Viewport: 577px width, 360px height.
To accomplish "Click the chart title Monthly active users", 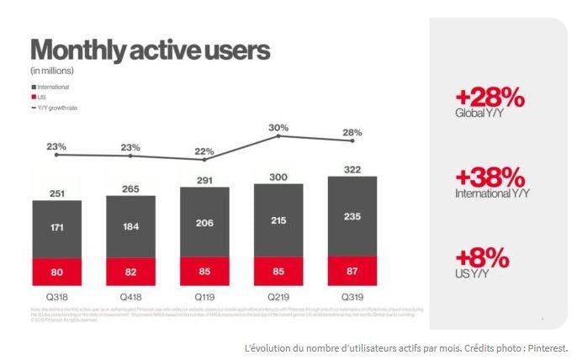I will [x=150, y=50].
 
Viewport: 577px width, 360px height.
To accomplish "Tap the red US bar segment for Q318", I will [x=57, y=273].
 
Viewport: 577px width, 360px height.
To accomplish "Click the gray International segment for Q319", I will [x=352, y=217].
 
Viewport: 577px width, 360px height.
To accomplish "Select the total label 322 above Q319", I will [x=352, y=169].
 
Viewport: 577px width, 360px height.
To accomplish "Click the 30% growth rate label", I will [x=278, y=129].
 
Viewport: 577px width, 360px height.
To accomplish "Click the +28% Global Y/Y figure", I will [x=490, y=98].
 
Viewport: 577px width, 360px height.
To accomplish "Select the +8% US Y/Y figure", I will [x=484, y=257].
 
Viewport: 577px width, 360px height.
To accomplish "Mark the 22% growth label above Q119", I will [x=204, y=151].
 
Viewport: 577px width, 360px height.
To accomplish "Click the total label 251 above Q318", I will [x=57, y=193].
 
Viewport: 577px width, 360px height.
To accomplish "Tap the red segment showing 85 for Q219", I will [x=278, y=272].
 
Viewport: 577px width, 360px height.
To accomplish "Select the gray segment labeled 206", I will [x=204, y=222].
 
